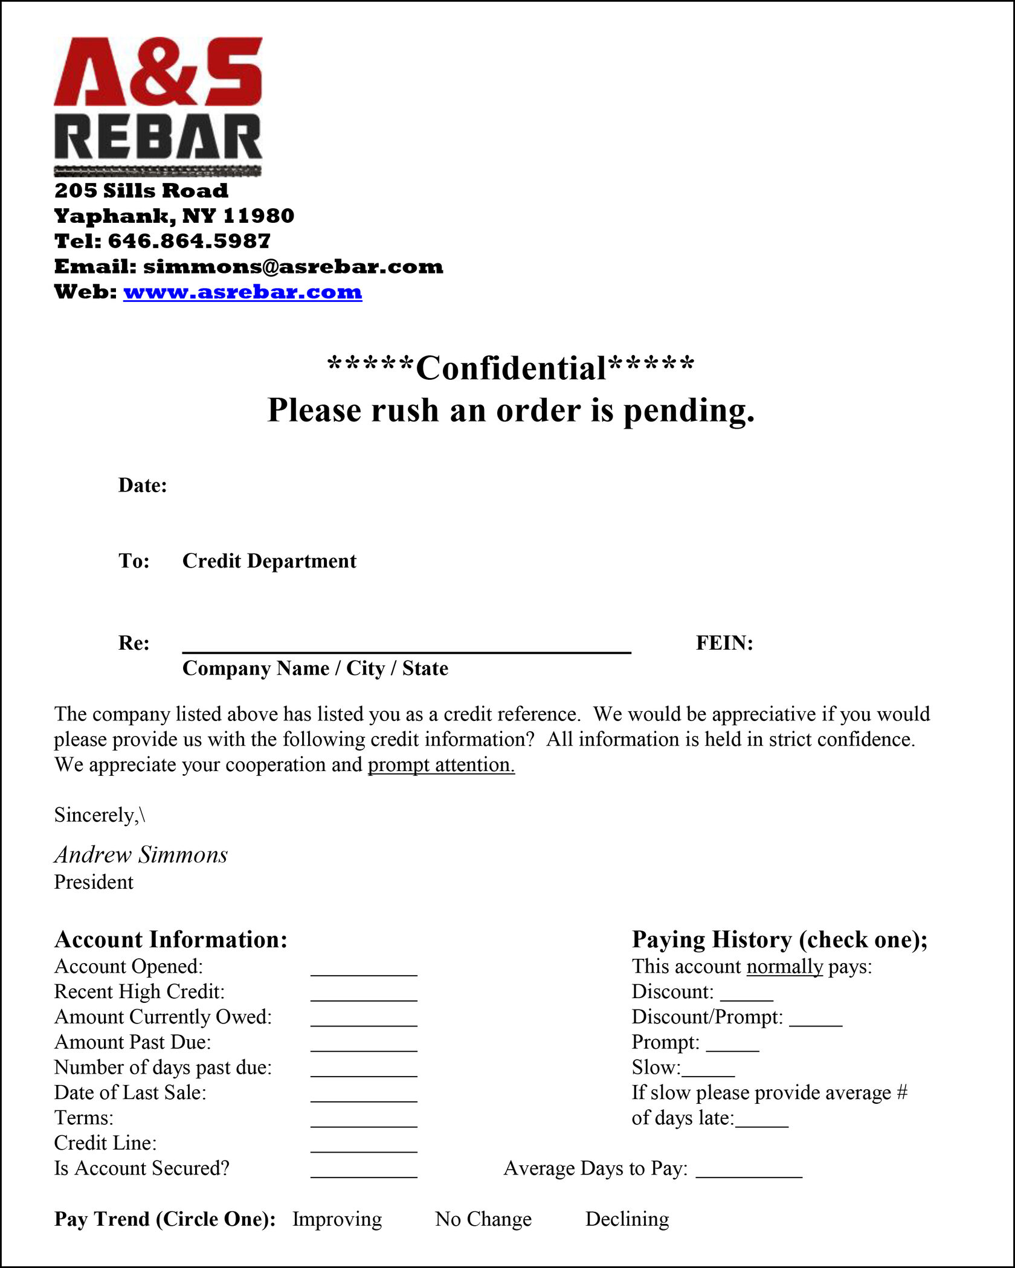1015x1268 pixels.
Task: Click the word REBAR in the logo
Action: tap(158, 137)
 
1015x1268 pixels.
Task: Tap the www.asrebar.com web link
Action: tap(242, 292)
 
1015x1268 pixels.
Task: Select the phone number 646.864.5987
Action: tap(189, 241)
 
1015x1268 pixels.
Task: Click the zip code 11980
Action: tap(259, 216)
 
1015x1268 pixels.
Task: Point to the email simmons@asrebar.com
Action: tap(293, 266)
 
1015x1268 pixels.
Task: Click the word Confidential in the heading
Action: tap(511, 368)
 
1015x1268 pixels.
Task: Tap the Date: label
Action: tap(143, 485)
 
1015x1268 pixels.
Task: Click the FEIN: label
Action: tap(724, 643)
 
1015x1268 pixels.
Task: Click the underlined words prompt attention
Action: tap(441, 765)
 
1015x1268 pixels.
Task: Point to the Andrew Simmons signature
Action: tap(141, 855)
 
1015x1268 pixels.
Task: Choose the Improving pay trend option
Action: tap(337, 1219)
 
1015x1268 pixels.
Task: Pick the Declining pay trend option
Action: tap(627, 1219)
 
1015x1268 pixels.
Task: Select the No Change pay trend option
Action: tap(483, 1219)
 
